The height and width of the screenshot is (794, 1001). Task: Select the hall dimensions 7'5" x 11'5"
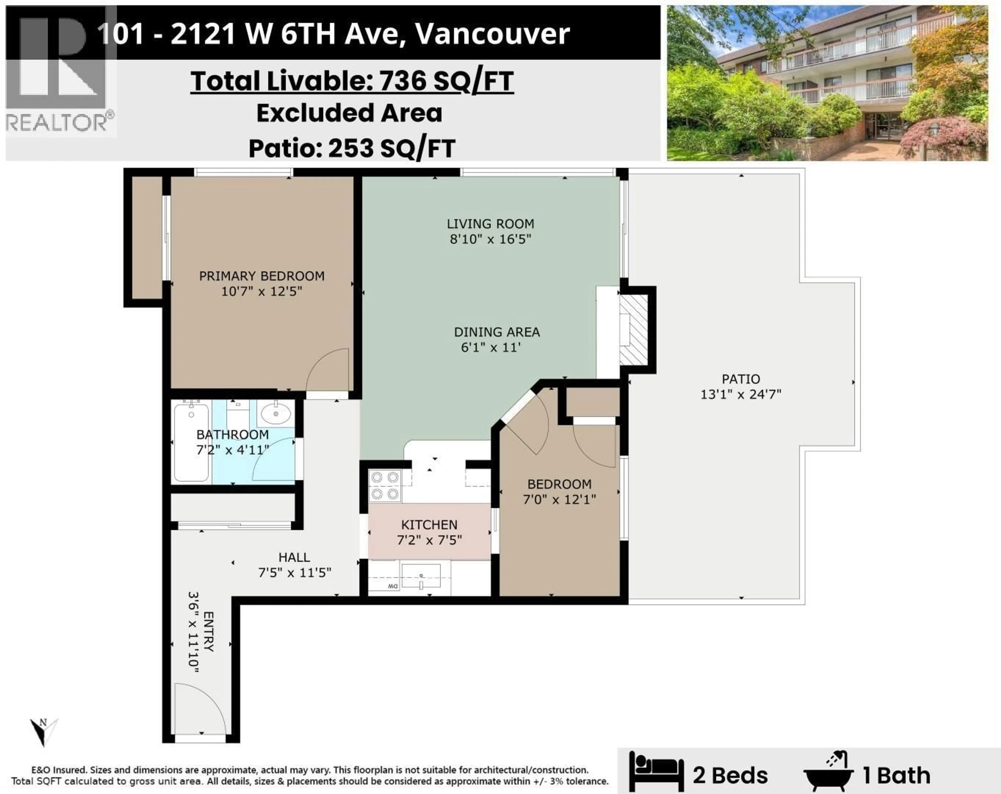[294, 573]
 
